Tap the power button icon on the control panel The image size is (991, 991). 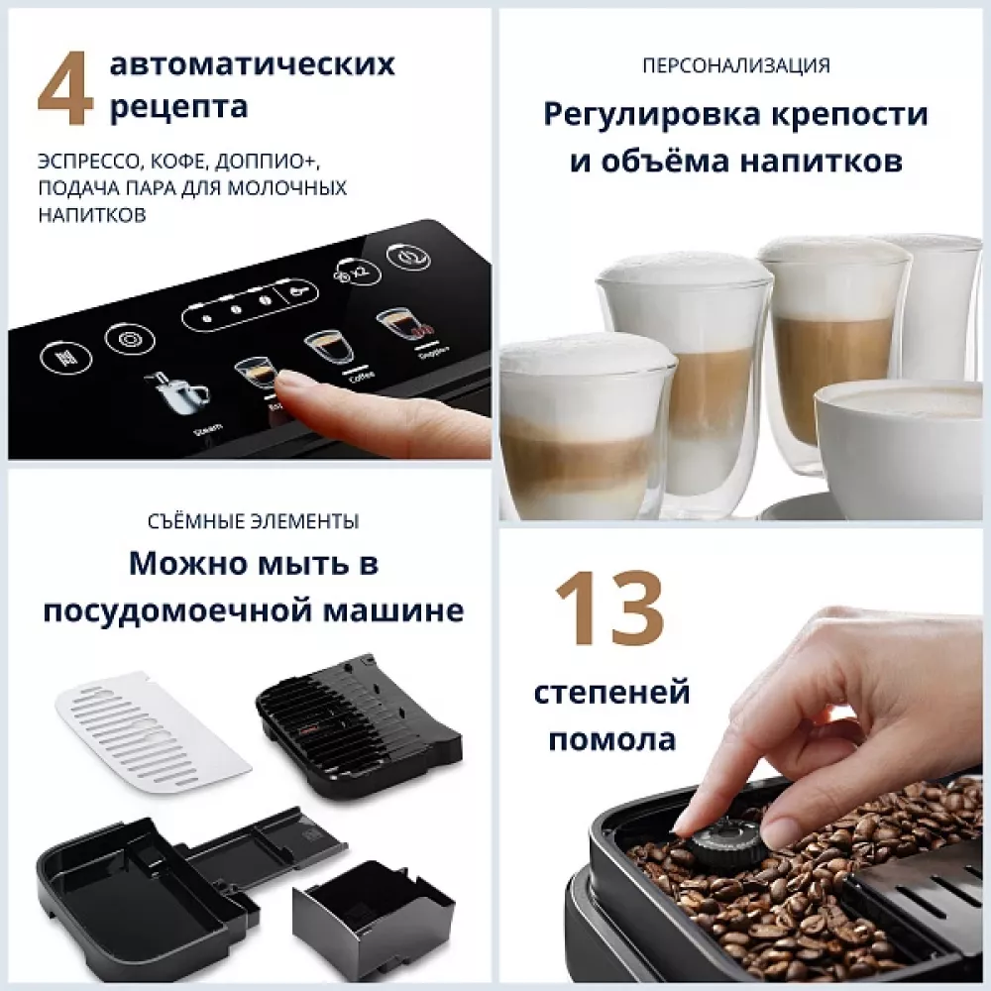click(408, 255)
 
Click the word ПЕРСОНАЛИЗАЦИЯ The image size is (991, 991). click(735, 66)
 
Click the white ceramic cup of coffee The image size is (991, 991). click(897, 436)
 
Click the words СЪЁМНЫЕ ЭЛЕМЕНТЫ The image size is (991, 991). click(254, 521)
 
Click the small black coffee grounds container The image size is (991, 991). click(372, 914)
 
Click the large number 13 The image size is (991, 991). click(608, 612)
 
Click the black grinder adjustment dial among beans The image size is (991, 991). click(728, 842)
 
